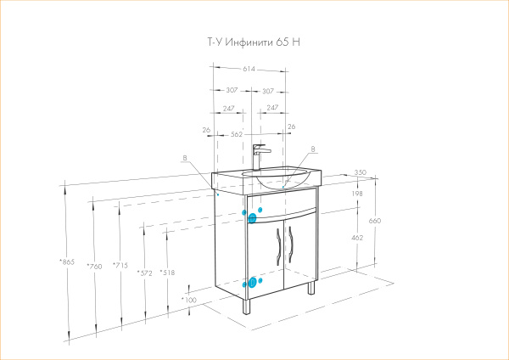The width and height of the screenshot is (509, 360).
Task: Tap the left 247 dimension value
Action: tap(229, 109)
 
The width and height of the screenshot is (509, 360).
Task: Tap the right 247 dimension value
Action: tap(273, 109)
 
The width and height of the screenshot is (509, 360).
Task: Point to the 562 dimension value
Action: tap(237, 134)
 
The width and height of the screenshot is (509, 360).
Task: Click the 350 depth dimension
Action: tap(360, 173)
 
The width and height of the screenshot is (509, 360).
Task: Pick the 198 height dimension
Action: tap(356, 194)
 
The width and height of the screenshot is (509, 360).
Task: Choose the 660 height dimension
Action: tap(376, 221)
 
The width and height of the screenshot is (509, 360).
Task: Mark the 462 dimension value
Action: tap(356, 239)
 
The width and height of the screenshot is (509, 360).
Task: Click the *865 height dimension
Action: tap(66, 262)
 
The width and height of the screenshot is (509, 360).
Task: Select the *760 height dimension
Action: tap(94, 267)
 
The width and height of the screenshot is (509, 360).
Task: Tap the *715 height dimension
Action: tap(120, 267)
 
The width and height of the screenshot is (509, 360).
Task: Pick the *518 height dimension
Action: tap(167, 273)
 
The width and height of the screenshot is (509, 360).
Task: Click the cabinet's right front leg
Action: tap(310, 288)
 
